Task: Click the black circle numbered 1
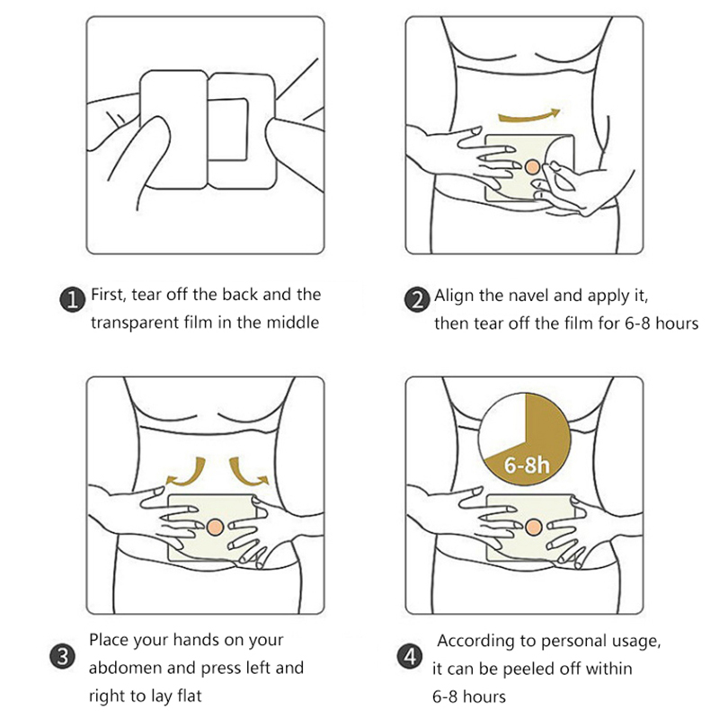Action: pos(73,300)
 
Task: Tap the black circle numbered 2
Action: pos(416,300)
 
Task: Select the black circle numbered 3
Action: pos(62,656)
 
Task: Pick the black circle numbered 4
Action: pos(409,656)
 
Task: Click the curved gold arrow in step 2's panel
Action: pos(528,118)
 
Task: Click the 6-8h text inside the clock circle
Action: pos(527,465)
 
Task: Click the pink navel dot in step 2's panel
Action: pos(533,167)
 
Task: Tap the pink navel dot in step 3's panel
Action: pos(215,527)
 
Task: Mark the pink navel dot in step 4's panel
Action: pos(533,527)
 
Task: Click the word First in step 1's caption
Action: pos(108,295)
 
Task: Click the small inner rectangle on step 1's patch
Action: pos(229,129)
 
